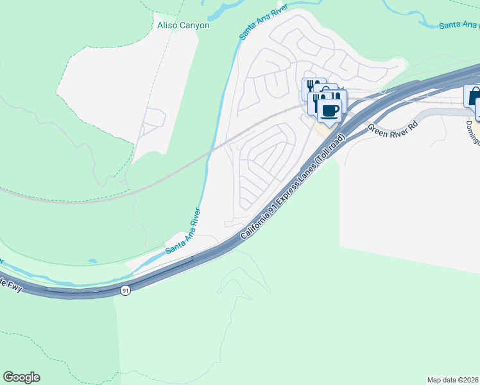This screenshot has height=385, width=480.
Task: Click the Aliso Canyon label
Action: click(184, 26)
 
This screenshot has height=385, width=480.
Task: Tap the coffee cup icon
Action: click(330, 110)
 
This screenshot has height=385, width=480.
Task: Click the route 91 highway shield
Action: click(125, 291)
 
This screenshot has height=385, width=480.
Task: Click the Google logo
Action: click(21, 377)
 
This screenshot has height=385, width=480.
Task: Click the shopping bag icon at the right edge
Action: click(474, 96)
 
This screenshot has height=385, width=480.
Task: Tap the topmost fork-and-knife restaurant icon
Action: click(311, 86)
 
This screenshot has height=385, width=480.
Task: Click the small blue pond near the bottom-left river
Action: click(93, 261)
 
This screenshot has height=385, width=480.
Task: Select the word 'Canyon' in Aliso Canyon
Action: click(195, 26)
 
